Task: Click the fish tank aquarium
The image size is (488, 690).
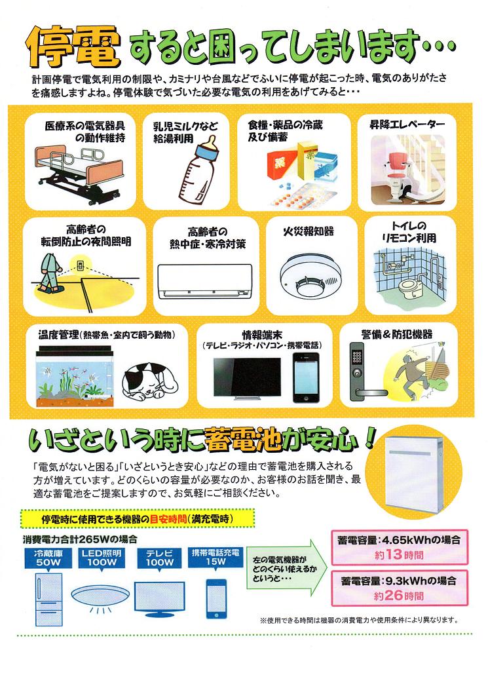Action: [x=75, y=376]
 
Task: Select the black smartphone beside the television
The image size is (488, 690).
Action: [x=307, y=377]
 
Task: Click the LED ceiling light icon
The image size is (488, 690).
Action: [x=101, y=597]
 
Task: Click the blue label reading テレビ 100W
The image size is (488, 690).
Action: [x=159, y=558]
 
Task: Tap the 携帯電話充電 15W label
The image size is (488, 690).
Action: [x=216, y=557]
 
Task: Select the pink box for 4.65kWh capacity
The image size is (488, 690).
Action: [x=399, y=547]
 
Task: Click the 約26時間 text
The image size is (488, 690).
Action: [x=399, y=596]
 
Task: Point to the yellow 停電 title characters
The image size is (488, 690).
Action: [x=74, y=47]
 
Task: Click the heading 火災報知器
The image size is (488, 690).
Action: [x=309, y=231]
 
